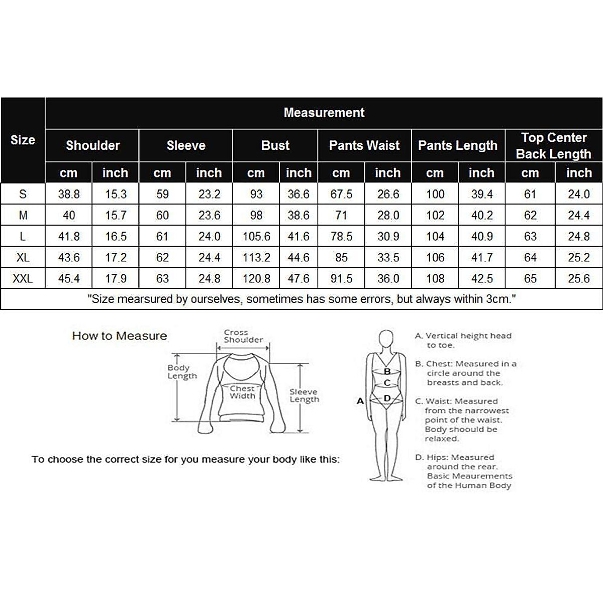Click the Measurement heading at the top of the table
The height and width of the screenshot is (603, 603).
point(324,113)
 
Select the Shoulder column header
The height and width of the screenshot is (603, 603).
point(92,145)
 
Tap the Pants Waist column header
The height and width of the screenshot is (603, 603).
point(364,145)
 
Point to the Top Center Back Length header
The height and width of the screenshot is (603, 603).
point(554,145)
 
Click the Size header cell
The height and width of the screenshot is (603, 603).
point(23,140)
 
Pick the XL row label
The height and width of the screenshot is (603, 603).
point(23,257)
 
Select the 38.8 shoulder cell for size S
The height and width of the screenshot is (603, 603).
point(69,194)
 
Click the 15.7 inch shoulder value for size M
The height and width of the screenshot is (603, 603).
point(116,215)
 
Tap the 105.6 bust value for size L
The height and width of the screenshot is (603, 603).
point(256,236)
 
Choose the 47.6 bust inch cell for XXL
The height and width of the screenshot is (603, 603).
point(298,278)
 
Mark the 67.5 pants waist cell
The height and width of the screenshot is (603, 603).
point(341,194)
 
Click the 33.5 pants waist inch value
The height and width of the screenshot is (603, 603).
point(388,257)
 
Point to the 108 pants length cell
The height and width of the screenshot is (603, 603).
point(435,278)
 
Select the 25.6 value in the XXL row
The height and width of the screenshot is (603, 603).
point(578,278)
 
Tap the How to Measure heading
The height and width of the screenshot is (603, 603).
point(120,336)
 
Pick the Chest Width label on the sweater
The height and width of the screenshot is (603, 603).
point(243,392)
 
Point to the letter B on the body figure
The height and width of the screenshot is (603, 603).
point(387,371)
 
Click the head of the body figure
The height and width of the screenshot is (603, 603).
point(386,339)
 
